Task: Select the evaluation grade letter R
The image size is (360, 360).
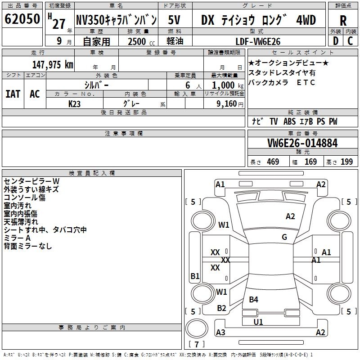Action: pyautogui.click(x=343, y=20)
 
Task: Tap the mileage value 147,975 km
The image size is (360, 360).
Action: pyautogui.click(x=53, y=64)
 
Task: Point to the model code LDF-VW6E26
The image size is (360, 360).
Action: pyautogui.click(x=258, y=41)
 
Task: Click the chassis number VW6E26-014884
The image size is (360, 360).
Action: pyautogui.click(x=302, y=143)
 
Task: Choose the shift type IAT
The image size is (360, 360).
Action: pyautogui.click(x=13, y=94)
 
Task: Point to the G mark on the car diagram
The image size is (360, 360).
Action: pyautogui.click(x=284, y=237)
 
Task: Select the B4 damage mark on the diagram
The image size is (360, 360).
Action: pyautogui.click(x=254, y=299)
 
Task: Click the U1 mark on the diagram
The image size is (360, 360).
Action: pyautogui.click(x=258, y=322)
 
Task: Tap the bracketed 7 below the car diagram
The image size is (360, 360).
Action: pyautogui.click(x=197, y=345)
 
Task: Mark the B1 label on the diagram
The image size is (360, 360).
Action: pyautogui.click(x=195, y=276)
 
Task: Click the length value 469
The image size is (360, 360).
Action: pyautogui.click(x=273, y=162)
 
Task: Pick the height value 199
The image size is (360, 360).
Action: pyautogui.click(x=346, y=162)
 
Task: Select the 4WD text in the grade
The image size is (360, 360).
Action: pyautogui.click(x=306, y=20)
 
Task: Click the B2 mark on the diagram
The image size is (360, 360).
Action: pyautogui.click(x=221, y=308)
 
